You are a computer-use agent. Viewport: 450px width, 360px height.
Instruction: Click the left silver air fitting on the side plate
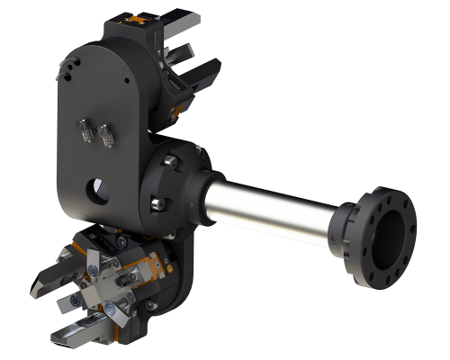(x=86, y=132)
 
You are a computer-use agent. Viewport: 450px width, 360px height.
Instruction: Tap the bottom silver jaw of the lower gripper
(x=72, y=337)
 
